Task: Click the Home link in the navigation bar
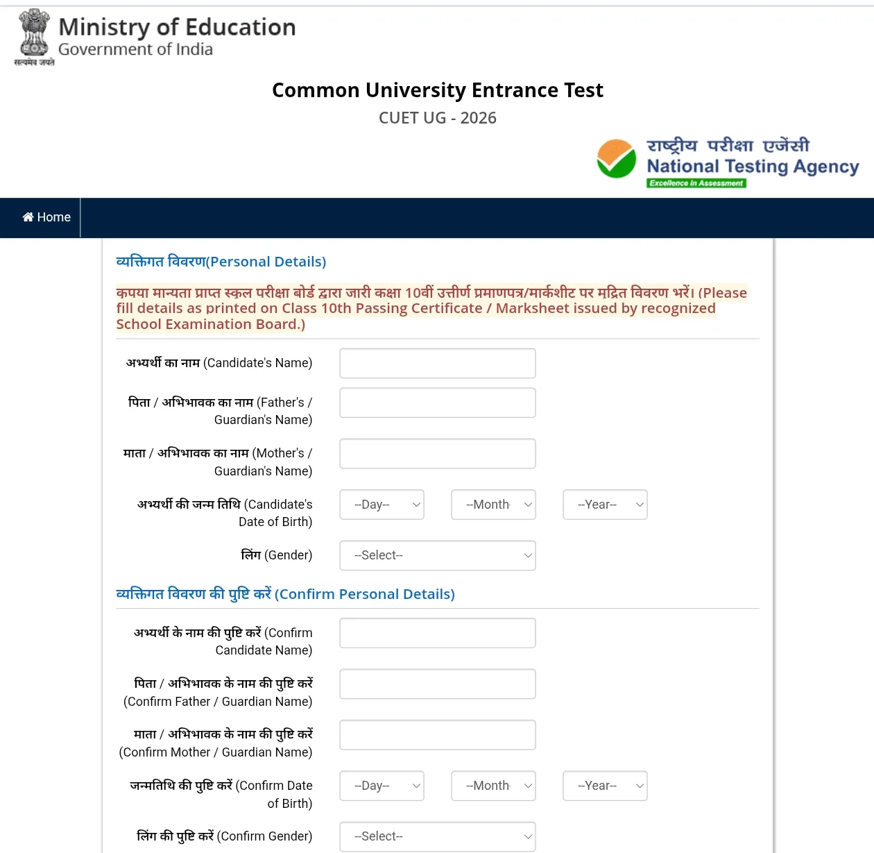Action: (x=46, y=217)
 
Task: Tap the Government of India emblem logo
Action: (x=34, y=35)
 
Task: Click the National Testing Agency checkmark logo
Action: (x=616, y=159)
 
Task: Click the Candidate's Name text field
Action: (x=437, y=363)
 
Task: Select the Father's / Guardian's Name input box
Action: (x=437, y=403)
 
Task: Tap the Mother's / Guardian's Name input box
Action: (x=437, y=453)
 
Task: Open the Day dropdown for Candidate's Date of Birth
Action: (x=382, y=505)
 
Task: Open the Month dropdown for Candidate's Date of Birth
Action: (x=493, y=505)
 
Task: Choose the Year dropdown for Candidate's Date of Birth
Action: (x=605, y=505)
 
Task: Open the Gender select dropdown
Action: (x=437, y=555)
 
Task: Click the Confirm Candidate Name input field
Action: (x=437, y=633)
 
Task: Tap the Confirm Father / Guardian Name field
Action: (x=437, y=684)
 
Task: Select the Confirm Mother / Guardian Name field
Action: (x=437, y=734)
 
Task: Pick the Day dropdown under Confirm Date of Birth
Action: (x=382, y=786)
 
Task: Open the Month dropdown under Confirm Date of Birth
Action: (x=493, y=786)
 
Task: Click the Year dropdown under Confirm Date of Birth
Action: (x=605, y=786)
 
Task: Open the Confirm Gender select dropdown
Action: (x=437, y=836)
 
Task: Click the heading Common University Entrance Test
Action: (x=437, y=90)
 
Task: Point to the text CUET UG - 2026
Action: (x=437, y=118)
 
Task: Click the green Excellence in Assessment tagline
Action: (x=696, y=183)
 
